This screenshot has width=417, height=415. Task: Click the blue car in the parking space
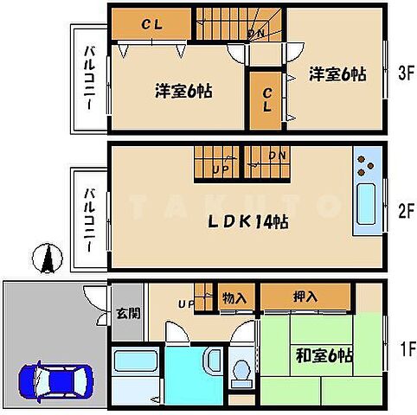click(54, 380)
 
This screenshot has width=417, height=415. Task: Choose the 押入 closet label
click(305, 297)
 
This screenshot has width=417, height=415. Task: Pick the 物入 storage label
click(234, 297)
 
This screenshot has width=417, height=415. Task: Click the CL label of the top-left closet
click(151, 24)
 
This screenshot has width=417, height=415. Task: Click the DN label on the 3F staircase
click(257, 35)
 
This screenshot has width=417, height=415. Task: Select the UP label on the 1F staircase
click(185, 304)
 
